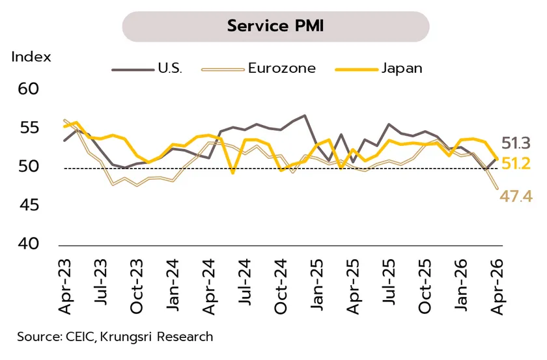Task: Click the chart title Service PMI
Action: [275, 26]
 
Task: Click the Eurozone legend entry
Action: [281, 68]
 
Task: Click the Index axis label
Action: [31, 57]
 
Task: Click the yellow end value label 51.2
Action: [517, 163]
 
